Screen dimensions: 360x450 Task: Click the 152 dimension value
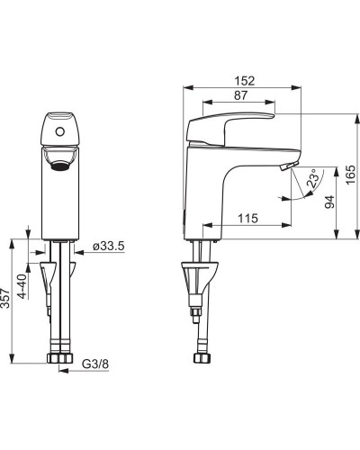(245, 81)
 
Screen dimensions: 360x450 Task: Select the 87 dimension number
(240, 95)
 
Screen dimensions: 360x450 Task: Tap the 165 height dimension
(350, 175)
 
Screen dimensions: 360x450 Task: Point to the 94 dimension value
(329, 202)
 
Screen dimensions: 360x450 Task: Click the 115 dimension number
(248, 218)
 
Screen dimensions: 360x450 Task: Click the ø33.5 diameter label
(108, 247)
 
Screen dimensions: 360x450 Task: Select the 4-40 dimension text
(22, 286)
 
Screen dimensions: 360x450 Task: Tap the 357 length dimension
(5, 298)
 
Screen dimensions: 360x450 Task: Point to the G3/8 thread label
(95, 364)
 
